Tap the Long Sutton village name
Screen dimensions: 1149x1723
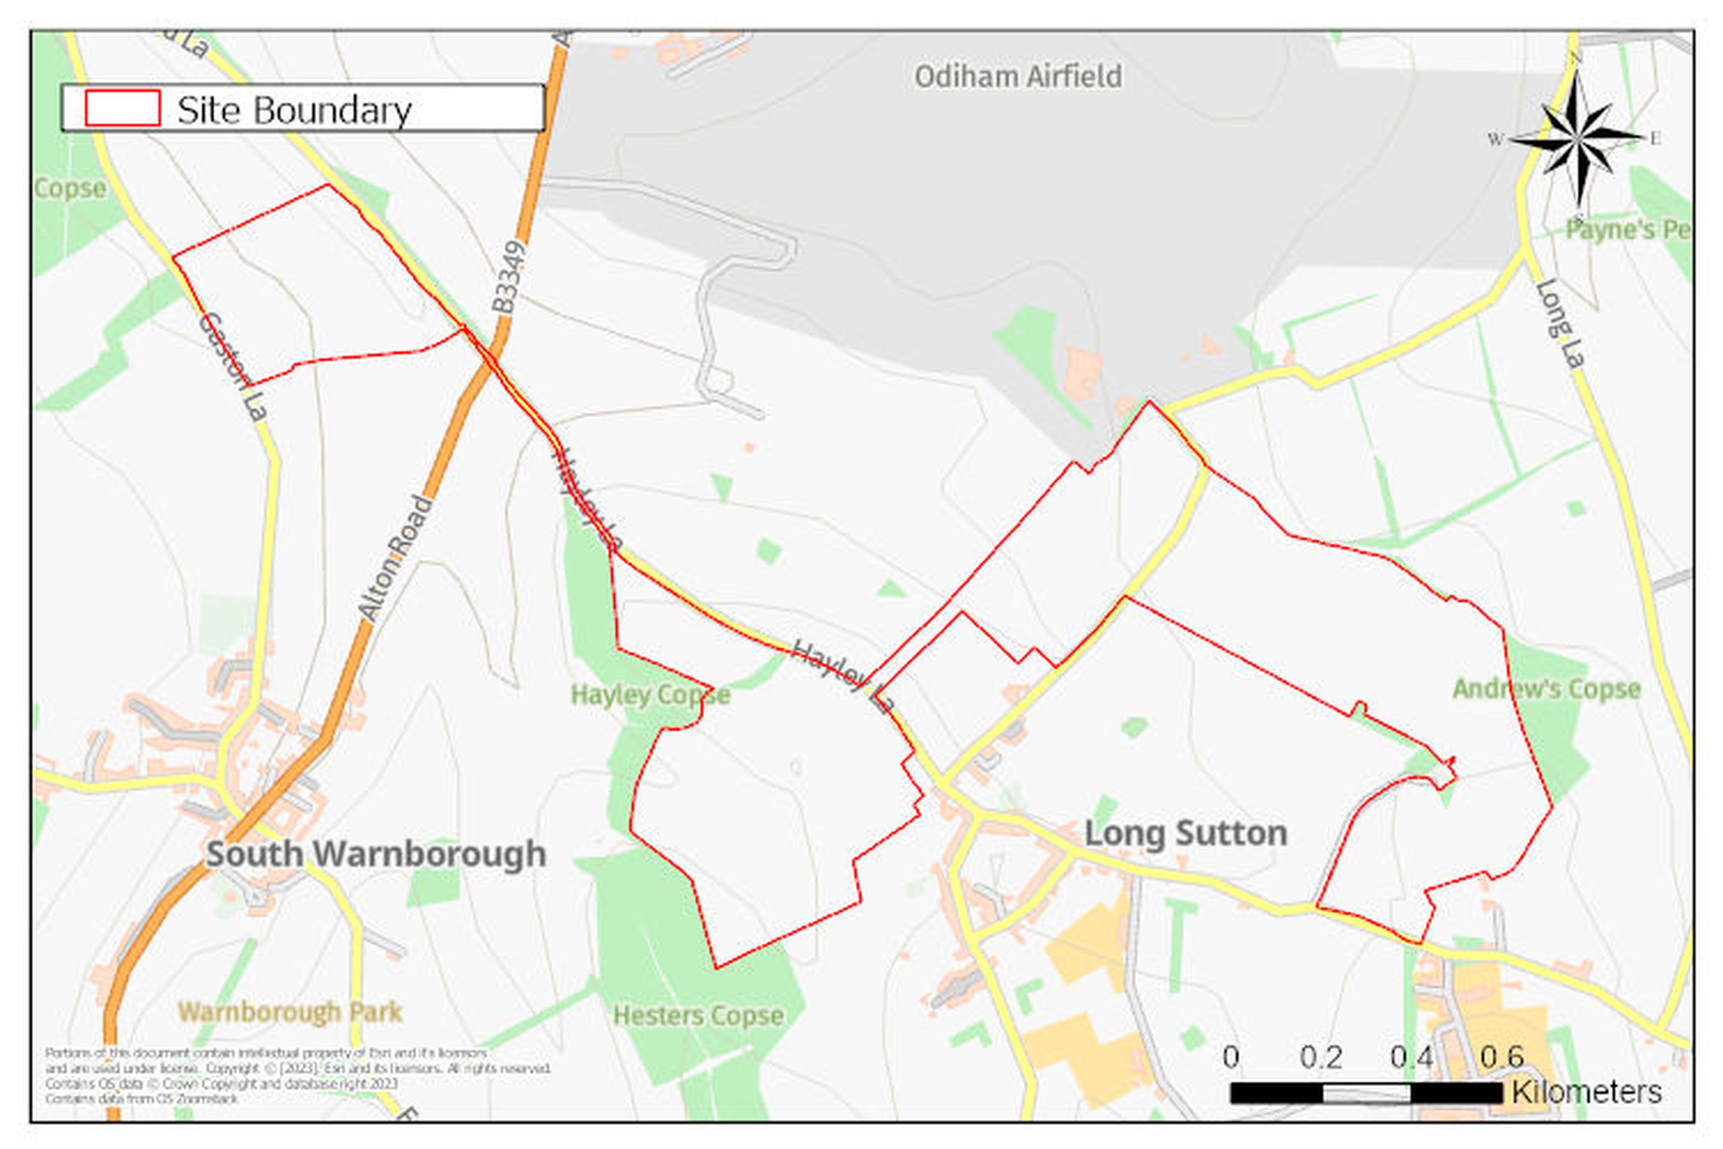[1185, 833]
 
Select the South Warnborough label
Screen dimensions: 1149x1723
[376, 854]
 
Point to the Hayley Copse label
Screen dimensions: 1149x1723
[650, 695]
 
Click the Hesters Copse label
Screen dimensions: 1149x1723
[698, 1015]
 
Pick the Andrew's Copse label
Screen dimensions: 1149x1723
[1546, 689]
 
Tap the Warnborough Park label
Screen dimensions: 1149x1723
[290, 1012]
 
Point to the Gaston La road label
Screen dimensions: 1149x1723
[231, 366]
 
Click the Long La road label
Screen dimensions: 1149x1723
[1560, 323]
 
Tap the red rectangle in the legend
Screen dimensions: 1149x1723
[122, 108]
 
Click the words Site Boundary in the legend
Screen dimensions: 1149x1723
[294, 111]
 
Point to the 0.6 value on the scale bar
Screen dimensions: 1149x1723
[1502, 1057]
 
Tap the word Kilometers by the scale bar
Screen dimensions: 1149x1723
[1587, 1092]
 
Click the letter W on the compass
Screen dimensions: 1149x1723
[1495, 139]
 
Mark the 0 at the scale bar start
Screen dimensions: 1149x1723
[1231, 1057]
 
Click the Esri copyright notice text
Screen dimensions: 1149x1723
[297, 1075]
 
